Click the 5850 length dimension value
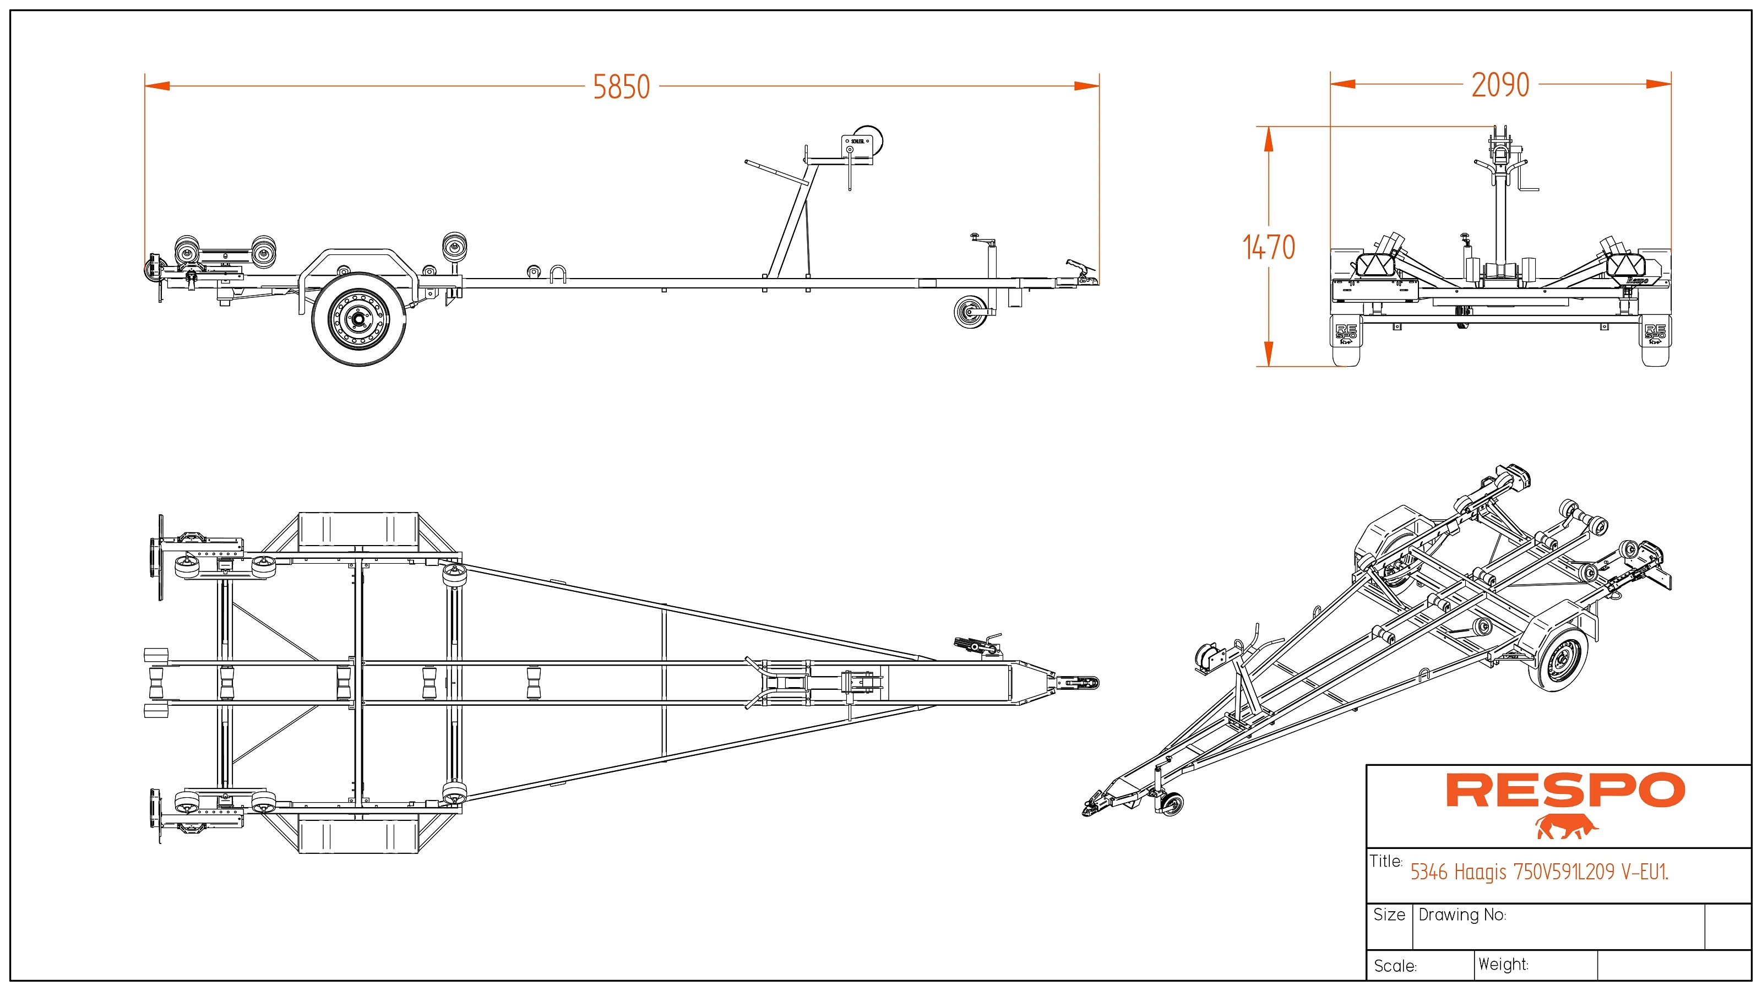coord(621,88)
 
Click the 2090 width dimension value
coord(1500,85)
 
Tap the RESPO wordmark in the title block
coord(1565,791)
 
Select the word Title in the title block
coord(1386,861)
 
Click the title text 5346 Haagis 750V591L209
coord(1539,872)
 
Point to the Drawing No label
coord(1462,915)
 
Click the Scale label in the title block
coord(1395,966)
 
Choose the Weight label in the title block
coord(1503,965)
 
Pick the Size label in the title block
coord(1389,915)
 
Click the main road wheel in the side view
coord(358,319)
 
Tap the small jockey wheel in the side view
coord(971,312)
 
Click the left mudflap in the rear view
coord(1346,341)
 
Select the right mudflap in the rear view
coord(1655,341)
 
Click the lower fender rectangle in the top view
coord(358,835)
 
